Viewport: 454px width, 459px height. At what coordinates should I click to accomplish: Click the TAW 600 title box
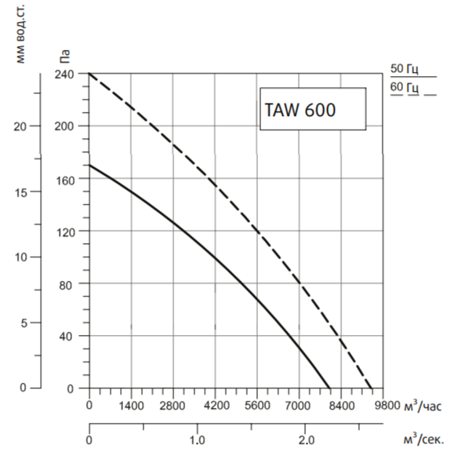[x=311, y=109]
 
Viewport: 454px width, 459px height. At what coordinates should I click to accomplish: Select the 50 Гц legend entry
[x=404, y=68]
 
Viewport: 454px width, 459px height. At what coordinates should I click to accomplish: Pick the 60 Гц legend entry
[x=404, y=86]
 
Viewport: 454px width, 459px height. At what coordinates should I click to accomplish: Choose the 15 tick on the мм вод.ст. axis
[x=23, y=191]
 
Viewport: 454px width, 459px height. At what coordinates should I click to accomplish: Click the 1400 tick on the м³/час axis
[x=131, y=406]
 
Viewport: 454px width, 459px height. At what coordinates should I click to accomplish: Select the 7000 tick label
[x=299, y=406]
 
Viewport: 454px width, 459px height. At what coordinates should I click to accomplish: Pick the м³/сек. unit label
[x=423, y=438]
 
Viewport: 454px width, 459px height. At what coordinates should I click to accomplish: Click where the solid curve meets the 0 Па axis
[x=330, y=388]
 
